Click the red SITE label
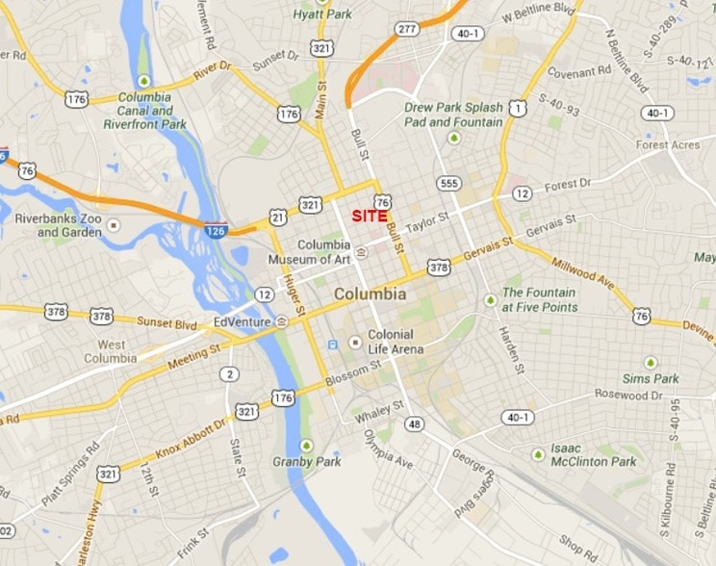369,217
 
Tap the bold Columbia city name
370,294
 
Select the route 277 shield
407,29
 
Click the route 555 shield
448,183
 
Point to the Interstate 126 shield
216,230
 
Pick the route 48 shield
414,424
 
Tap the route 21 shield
277,217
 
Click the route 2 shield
228,374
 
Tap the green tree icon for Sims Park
650,362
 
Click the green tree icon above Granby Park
306,446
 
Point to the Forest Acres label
668,145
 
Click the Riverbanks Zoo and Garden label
58,225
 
